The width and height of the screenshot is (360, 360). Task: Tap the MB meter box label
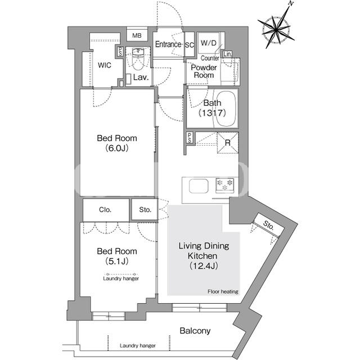pos(137,36)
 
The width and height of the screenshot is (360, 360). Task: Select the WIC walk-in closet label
pos(105,65)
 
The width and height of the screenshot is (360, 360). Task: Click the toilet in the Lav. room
pos(138,59)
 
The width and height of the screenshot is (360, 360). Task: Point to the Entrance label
pos(168,44)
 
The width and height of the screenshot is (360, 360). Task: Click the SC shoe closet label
pos(190,45)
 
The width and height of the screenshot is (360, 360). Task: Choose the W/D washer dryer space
pos(209,43)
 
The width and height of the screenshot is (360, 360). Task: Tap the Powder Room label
pos(204,71)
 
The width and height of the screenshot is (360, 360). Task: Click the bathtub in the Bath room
pos(227,109)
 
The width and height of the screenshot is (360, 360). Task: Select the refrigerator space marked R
pos(228,142)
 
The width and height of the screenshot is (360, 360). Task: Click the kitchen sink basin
pos(199,186)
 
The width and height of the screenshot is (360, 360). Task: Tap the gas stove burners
pos(224,185)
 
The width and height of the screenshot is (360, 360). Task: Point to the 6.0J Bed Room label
pos(117,143)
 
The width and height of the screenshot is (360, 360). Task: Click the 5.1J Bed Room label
pos(117,256)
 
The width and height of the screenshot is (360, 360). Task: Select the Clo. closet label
pos(105,210)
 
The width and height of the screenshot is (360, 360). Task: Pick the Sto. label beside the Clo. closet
pos(145,210)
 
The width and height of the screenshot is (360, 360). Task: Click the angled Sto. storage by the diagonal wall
pos(269,226)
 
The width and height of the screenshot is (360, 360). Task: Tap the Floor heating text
pos(223,291)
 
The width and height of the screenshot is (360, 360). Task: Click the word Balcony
pos(195,331)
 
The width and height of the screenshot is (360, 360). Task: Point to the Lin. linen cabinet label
pos(227,54)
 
